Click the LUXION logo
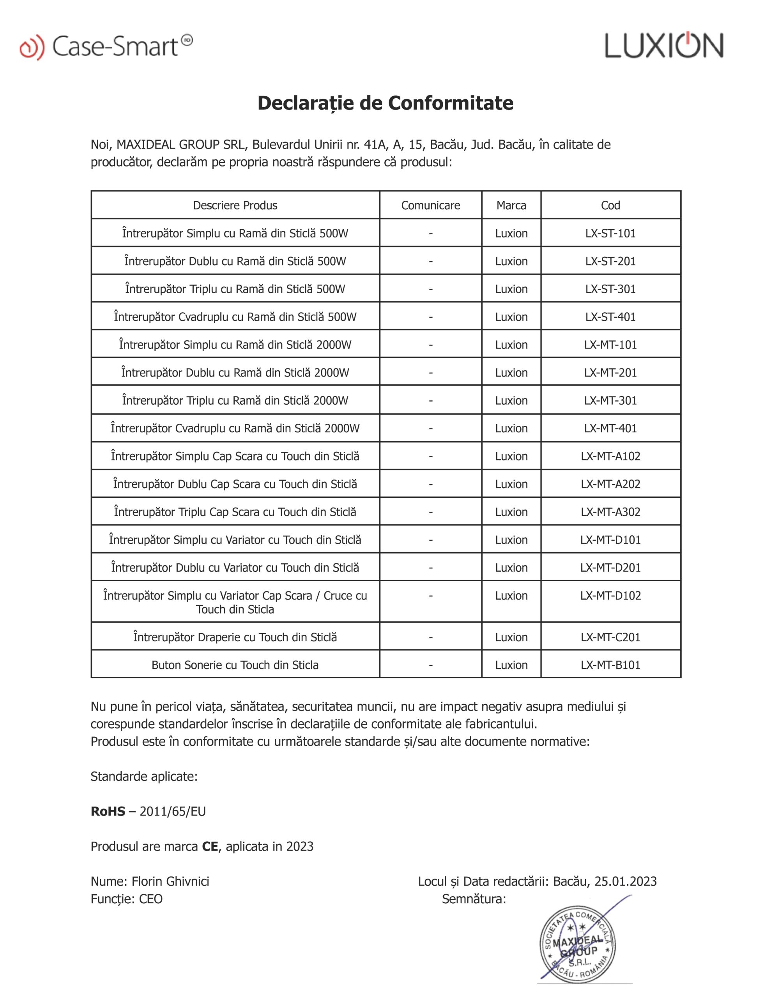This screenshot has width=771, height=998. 663,46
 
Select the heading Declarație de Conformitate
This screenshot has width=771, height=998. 385,103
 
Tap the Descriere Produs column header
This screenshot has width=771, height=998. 235,205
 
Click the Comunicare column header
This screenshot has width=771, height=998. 430,205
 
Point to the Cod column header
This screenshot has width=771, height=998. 610,205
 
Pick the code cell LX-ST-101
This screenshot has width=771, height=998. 610,233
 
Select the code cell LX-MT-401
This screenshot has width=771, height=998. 610,428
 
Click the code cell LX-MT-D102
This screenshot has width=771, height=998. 610,595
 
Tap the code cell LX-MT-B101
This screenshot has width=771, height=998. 610,665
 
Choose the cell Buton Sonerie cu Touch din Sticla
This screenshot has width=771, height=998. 235,665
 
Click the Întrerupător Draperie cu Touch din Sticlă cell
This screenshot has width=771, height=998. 235,637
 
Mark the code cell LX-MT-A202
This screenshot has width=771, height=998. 610,484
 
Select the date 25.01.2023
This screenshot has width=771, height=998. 625,881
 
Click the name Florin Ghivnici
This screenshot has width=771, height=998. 170,881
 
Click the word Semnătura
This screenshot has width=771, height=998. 474,899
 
